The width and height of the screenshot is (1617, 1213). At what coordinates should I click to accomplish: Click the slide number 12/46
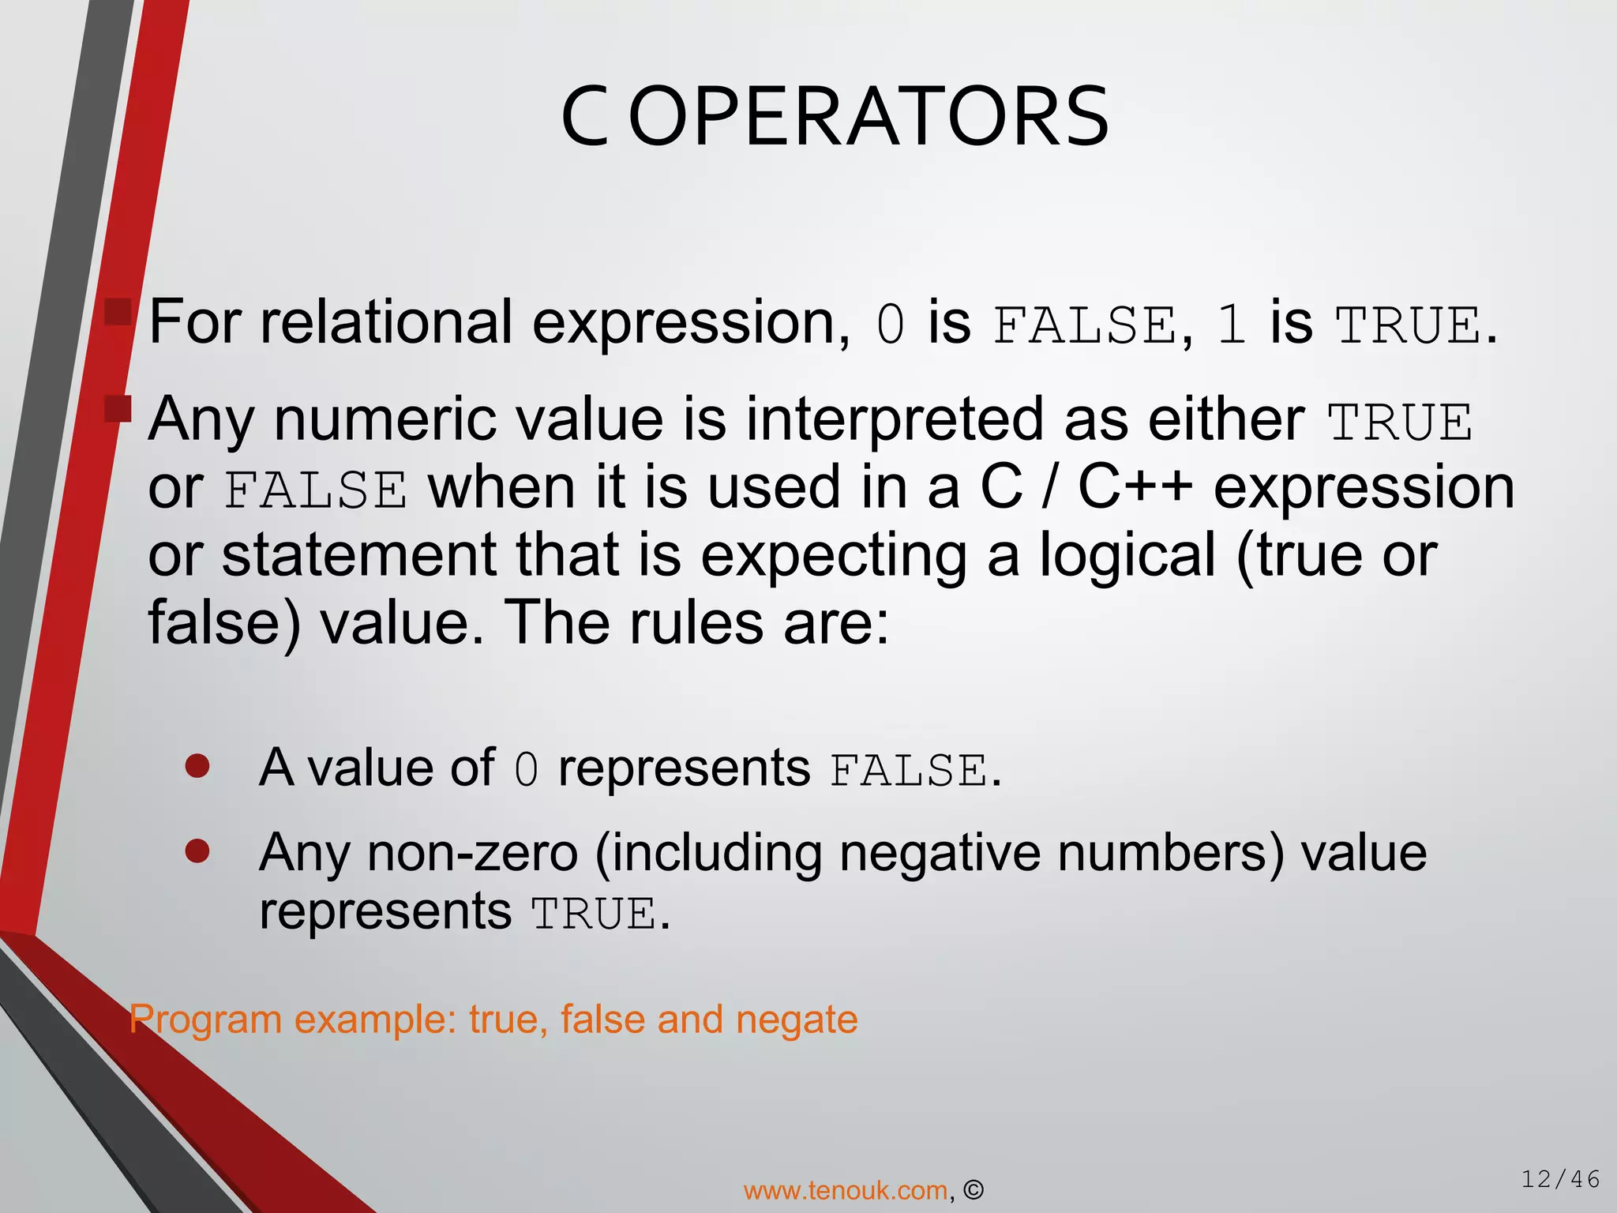click(x=1560, y=1180)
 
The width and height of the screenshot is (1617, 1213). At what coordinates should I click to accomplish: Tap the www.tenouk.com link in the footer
click(x=846, y=1190)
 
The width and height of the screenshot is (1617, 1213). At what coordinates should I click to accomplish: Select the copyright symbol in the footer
click(x=974, y=1190)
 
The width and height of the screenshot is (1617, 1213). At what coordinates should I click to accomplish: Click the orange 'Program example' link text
click(x=493, y=1019)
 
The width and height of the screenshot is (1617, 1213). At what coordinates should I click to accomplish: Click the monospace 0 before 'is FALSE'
click(x=890, y=325)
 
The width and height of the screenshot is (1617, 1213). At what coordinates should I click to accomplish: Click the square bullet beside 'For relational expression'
click(x=118, y=313)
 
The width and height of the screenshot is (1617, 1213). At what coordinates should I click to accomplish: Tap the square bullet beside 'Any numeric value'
click(x=118, y=409)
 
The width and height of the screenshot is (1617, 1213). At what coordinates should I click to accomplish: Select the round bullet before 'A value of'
click(x=197, y=765)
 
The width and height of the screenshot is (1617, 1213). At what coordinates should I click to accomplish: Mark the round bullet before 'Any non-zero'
click(x=197, y=851)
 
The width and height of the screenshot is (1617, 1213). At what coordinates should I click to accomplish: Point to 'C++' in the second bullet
click(x=1135, y=487)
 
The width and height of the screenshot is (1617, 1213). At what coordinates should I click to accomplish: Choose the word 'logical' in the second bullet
click(x=1127, y=555)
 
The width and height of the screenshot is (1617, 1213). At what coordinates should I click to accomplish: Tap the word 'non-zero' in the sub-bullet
click(x=472, y=853)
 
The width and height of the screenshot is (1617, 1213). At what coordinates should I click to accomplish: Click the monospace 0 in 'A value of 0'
click(x=526, y=770)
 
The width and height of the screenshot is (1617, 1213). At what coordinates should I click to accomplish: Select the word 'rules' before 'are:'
click(x=696, y=623)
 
